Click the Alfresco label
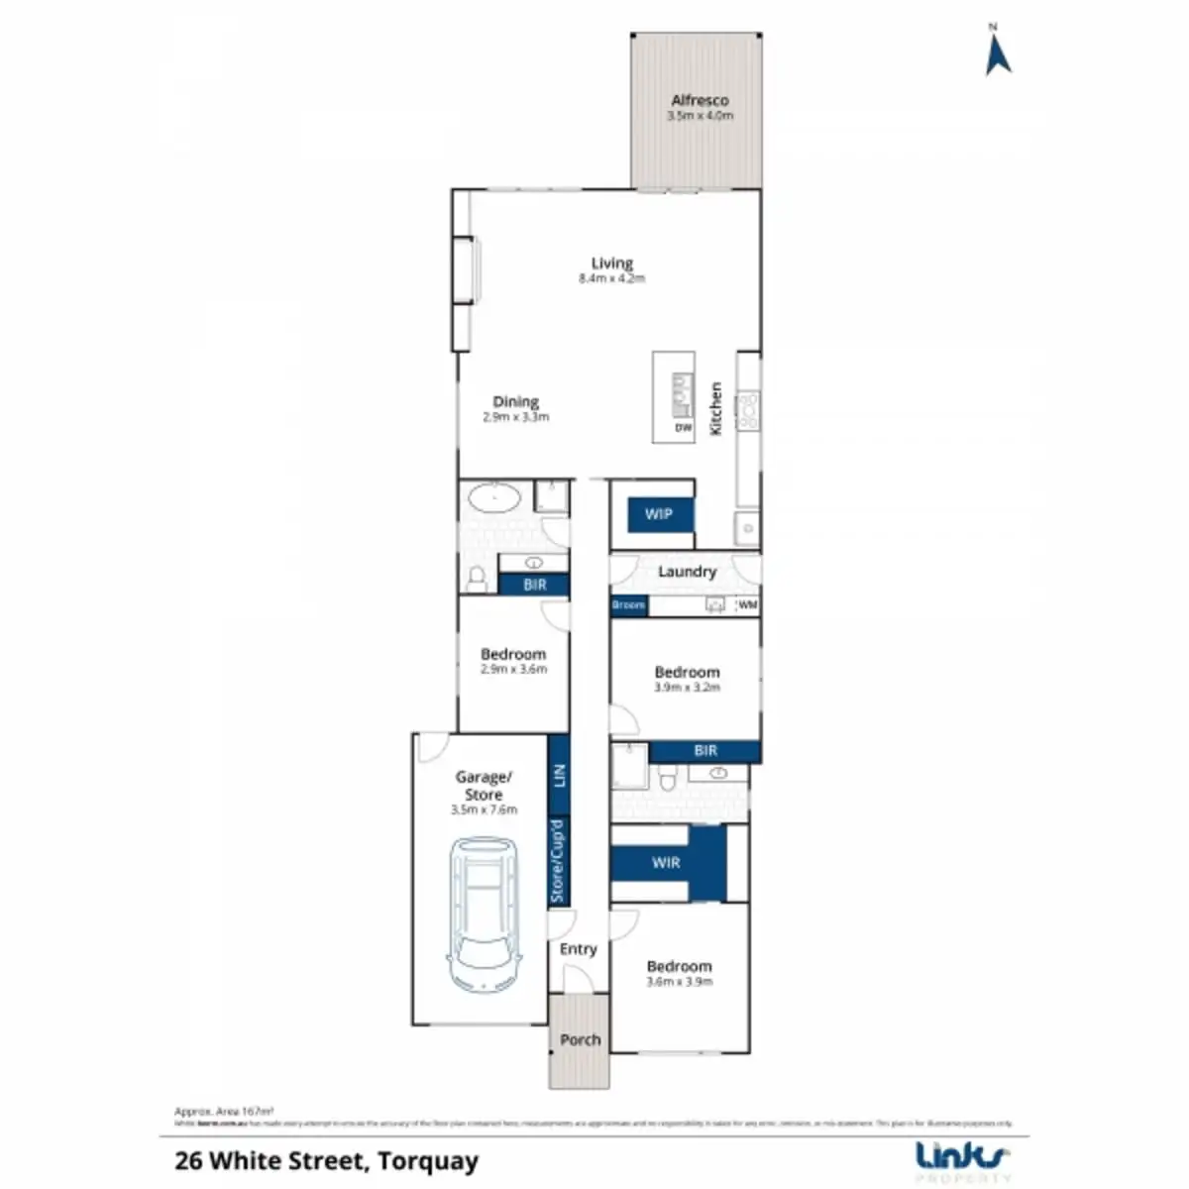700,101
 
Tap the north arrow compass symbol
997,52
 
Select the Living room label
611,264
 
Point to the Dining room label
515,402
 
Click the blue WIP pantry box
659,514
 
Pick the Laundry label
687,572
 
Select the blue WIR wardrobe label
666,862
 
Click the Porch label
580,1039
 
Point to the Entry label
579,949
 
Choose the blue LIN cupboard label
559,776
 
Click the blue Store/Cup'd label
558,860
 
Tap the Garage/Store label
484,786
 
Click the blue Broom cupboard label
628,605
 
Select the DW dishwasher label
683,429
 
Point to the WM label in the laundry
749,604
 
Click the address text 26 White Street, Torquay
327,1161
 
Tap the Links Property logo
961,1160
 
